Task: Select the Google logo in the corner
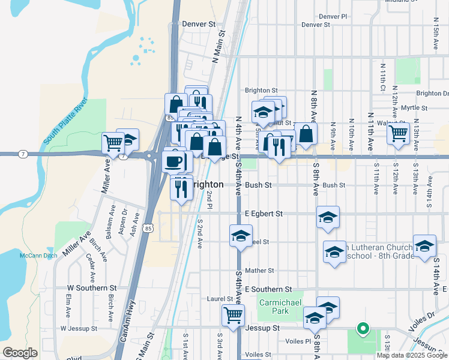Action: click(x=20, y=353)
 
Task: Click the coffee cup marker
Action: click(x=174, y=160)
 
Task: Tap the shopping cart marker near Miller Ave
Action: click(x=113, y=143)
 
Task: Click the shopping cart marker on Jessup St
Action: click(x=233, y=314)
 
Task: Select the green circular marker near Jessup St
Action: click(x=362, y=328)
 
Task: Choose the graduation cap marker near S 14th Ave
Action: click(x=424, y=246)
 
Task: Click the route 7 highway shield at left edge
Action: click(x=22, y=154)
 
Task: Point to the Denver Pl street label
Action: click(x=333, y=17)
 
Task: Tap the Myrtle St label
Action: click(x=414, y=108)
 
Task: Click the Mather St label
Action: click(x=259, y=271)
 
